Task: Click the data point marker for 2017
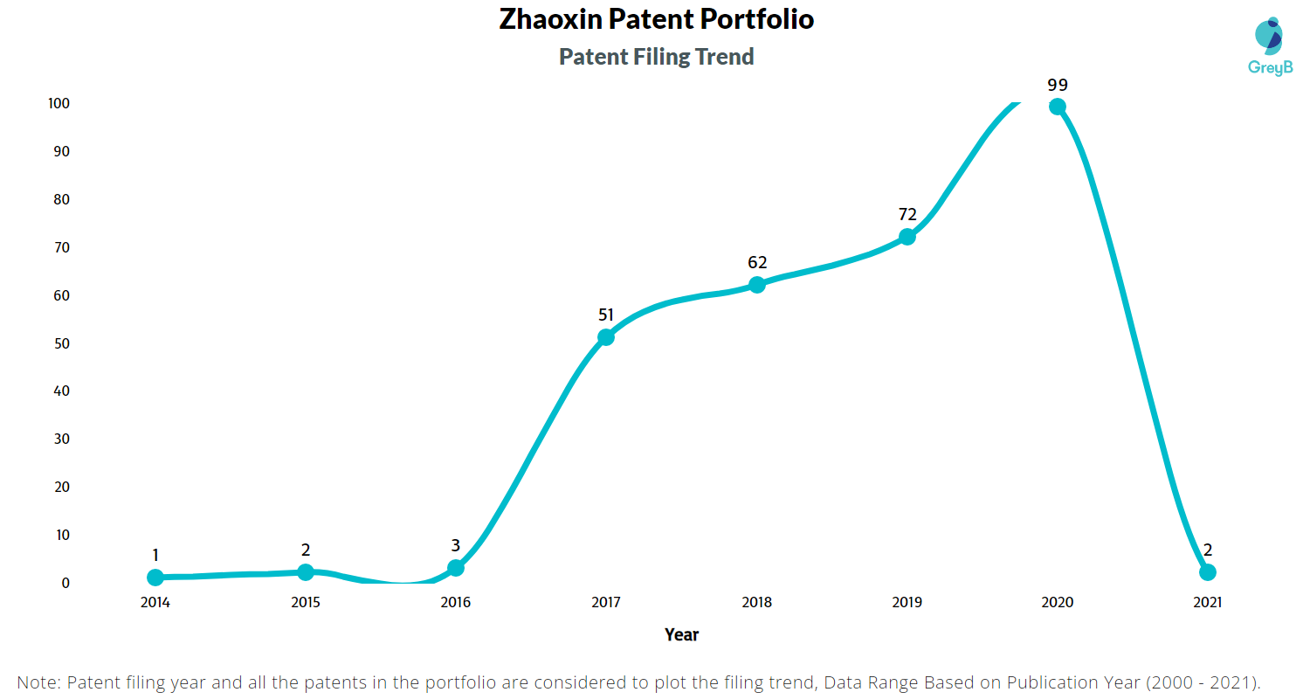(x=606, y=337)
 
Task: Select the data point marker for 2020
(x=1058, y=107)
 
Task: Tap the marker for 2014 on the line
(x=155, y=578)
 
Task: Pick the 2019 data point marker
(x=907, y=237)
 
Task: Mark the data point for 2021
(x=1208, y=572)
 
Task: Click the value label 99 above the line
(x=1058, y=85)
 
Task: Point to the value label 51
(x=606, y=315)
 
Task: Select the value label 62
(x=757, y=262)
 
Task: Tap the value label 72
(x=907, y=215)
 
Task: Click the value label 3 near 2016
(x=456, y=546)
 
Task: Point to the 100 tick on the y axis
(x=59, y=103)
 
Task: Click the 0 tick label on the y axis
(x=65, y=583)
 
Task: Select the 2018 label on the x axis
(x=757, y=602)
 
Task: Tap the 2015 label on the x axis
(x=306, y=602)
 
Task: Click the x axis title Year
(x=681, y=634)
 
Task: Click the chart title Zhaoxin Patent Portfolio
(x=657, y=19)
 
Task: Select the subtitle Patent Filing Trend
(x=657, y=57)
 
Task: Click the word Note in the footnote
(x=38, y=682)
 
